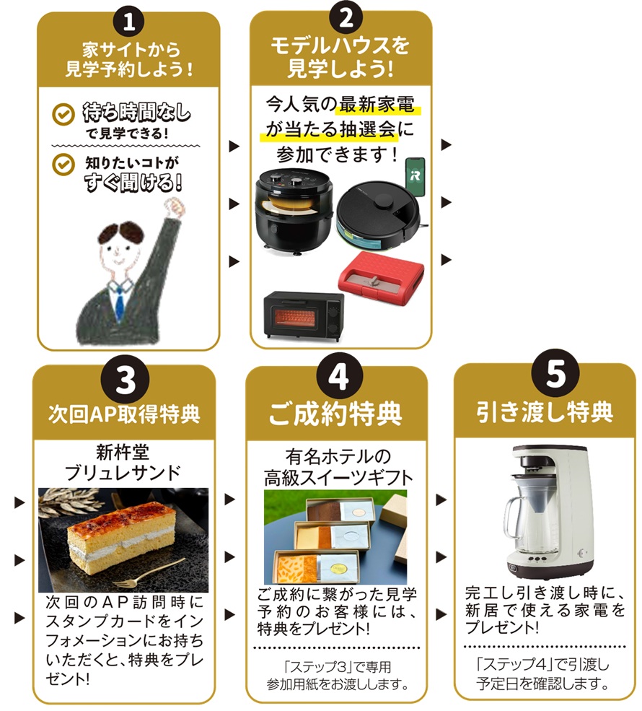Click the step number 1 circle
point(129,22)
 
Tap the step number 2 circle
point(346,18)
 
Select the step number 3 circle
point(126,380)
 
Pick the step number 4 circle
point(339,376)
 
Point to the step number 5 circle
point(556,374)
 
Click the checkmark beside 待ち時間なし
point(63,115)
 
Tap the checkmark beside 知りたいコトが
point(63,165)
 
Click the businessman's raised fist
point(174,208)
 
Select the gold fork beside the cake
point(149,572)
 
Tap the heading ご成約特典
point(335,414)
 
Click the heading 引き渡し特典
point(545,411)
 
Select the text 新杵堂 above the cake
point(123,452)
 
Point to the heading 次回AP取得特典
point(124,414)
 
